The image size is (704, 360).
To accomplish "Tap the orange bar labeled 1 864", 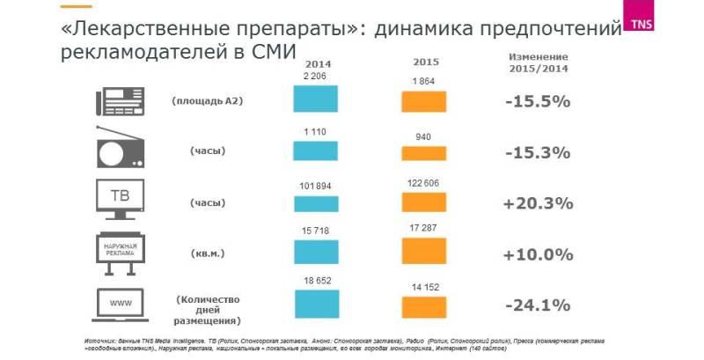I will pyautogui.click(x=425, y=100).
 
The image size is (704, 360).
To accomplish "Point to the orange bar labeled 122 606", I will pyautogui.click(x=425, y=201).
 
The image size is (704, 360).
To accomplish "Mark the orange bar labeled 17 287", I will pyautogui.click(x=425, y=251).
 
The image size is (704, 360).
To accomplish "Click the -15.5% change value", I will pyautogui.click(x=538, y=101).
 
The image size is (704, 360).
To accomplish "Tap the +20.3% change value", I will pyautogui.click(x=538, y=203).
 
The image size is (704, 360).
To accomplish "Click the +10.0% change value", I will pyautogui.click(x=538, y=254).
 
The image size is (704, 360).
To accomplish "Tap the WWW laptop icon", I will pyautogui.click(x=119, y=305).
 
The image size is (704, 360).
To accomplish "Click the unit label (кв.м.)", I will pyautogui.click(x=208, y=253).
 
